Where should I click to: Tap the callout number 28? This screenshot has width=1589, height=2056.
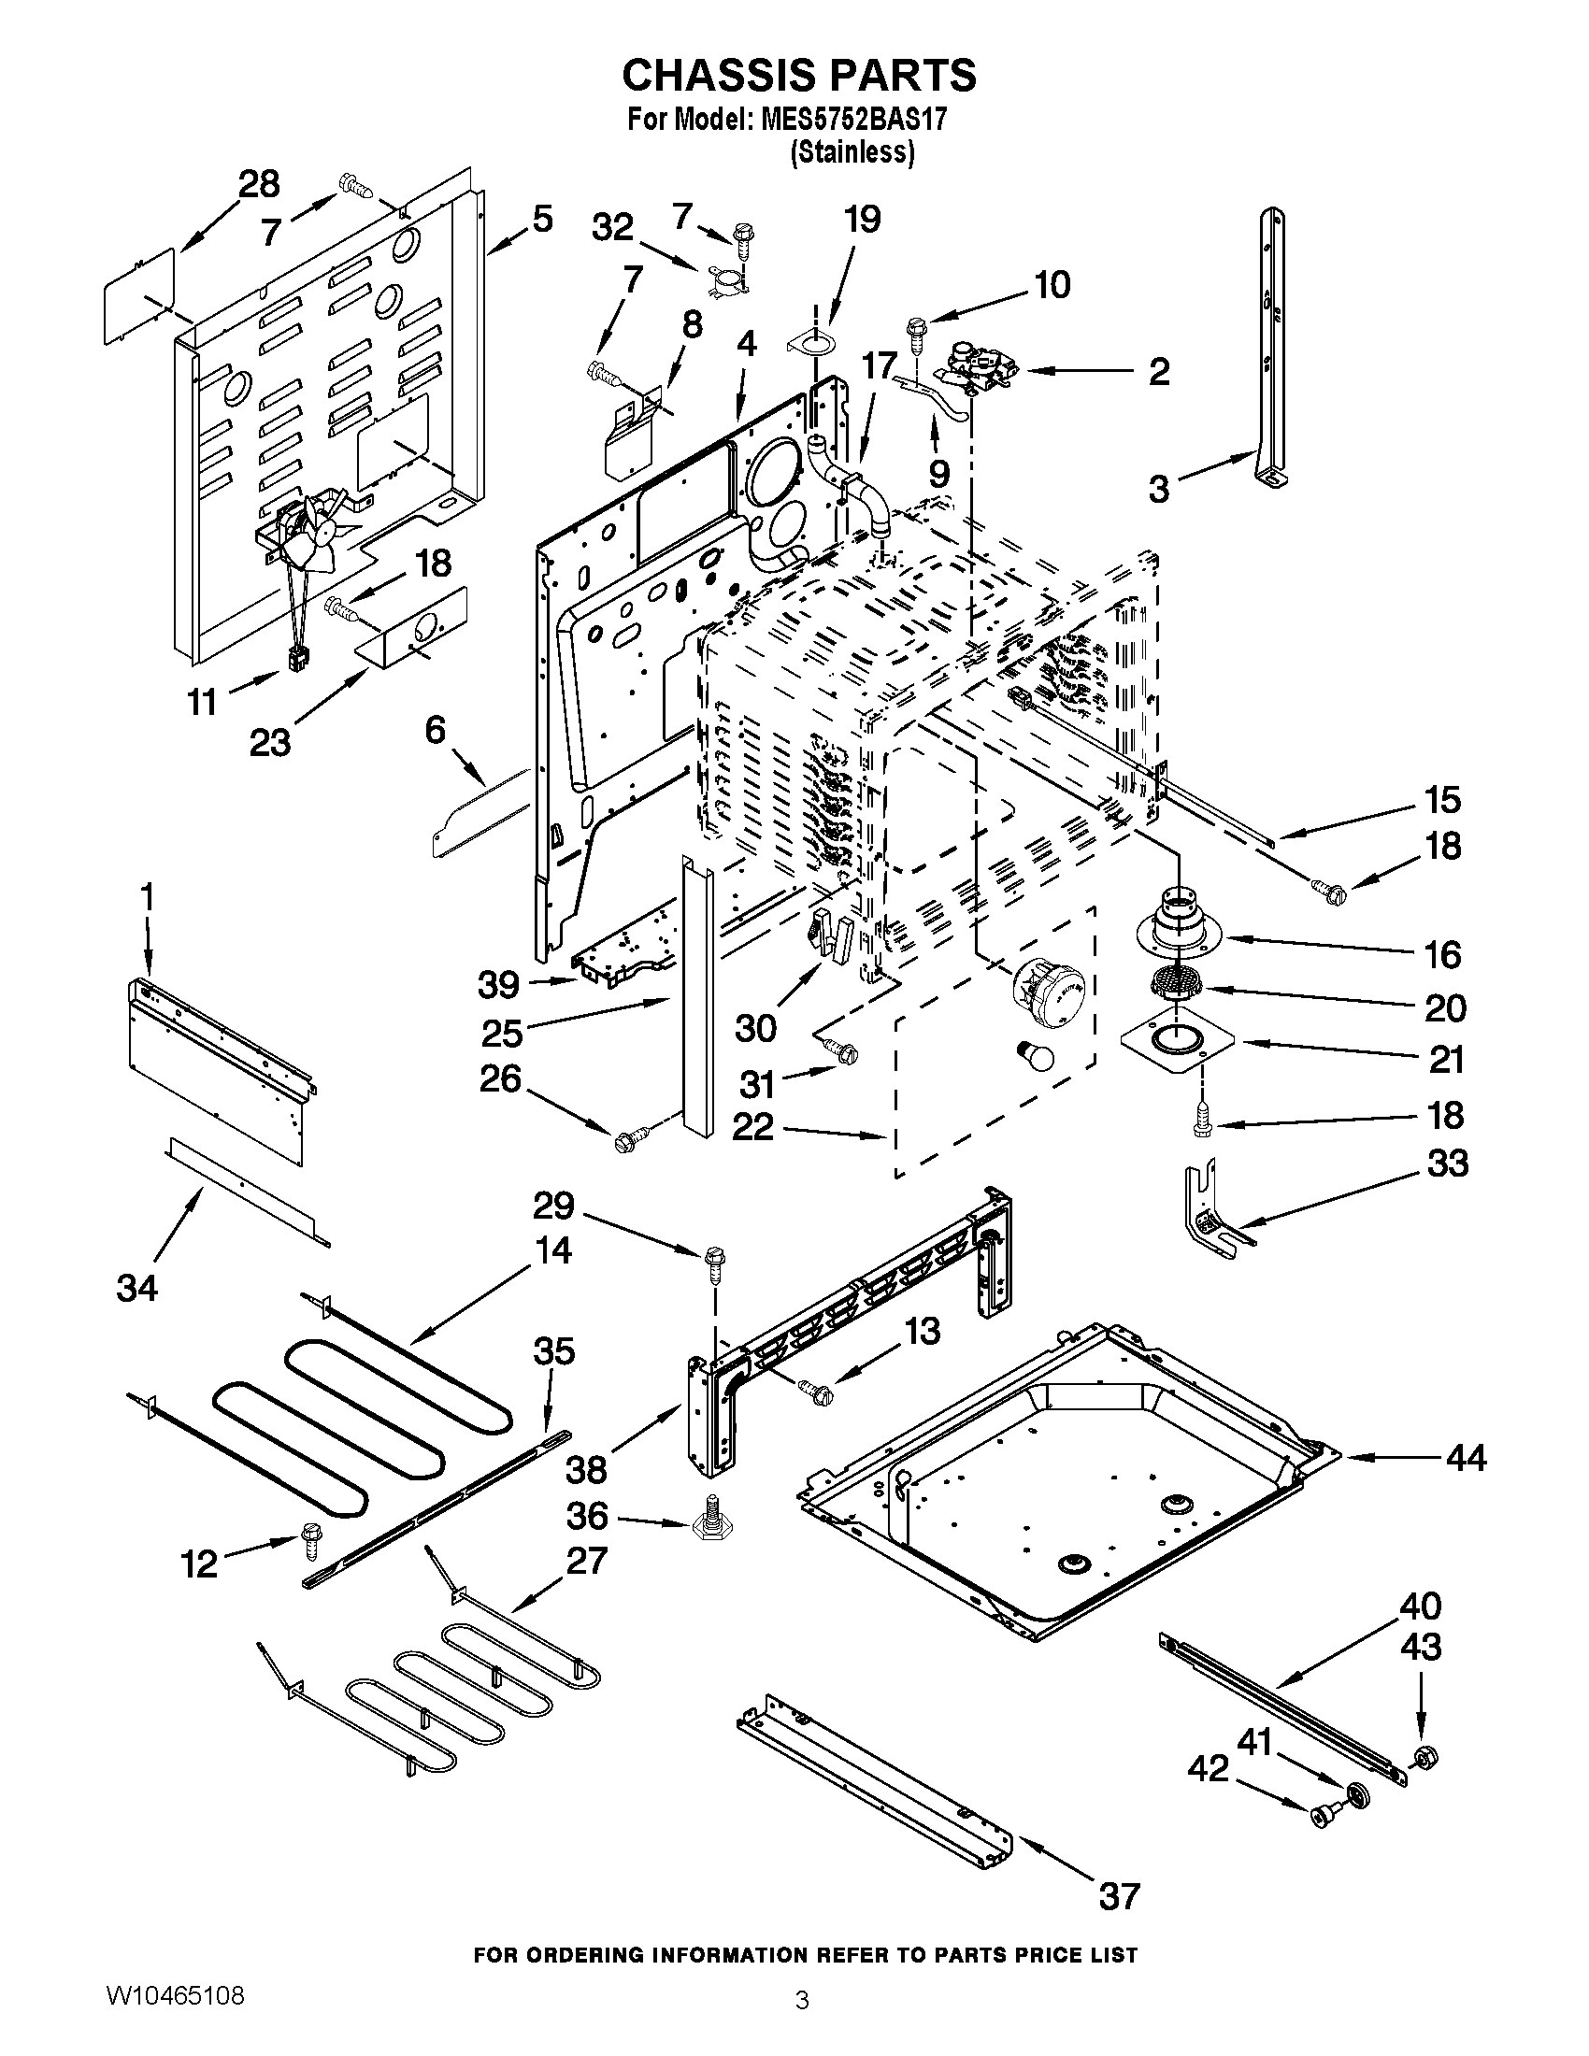coord(258,183)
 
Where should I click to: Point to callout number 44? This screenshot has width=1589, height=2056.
coord(1466,1458)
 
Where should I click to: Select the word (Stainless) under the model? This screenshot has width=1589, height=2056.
coord(852,151)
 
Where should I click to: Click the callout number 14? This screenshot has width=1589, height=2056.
coord(552,1250)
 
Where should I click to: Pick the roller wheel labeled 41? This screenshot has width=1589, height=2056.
coord(1356,1792)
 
